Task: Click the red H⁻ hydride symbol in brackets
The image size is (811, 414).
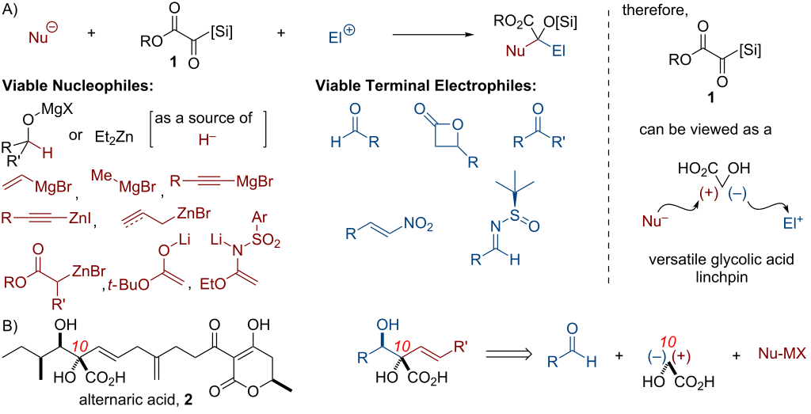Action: (207, 139)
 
